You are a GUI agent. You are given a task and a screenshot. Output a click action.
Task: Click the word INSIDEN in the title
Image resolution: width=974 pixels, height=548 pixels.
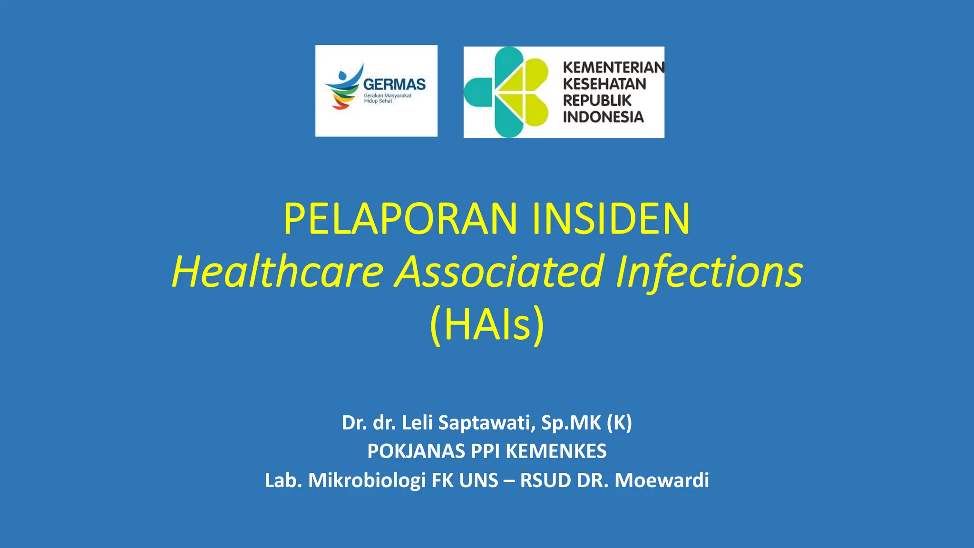[x=611, y=219]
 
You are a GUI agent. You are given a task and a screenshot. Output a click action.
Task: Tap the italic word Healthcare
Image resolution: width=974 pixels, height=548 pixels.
[x=277, y=272]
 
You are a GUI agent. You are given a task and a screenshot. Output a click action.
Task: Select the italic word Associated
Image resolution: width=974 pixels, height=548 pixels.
[x=500, y=272]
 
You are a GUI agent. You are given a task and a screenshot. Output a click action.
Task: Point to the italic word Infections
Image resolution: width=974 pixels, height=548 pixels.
[x=709, y=272]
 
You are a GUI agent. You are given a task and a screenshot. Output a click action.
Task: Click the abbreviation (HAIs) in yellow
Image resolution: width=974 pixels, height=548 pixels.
[x=487, y=325]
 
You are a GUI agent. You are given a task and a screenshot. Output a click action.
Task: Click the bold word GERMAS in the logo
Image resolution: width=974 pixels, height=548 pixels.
[x=394, y=85]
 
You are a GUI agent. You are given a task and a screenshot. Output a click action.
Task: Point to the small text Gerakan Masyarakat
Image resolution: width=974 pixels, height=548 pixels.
[x=388, y=96]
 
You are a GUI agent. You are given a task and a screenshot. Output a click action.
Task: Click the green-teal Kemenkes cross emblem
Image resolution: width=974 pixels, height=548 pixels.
[x=507, y=92]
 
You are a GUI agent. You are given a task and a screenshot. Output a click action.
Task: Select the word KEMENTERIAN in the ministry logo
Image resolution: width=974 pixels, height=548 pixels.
[x=614, y=68]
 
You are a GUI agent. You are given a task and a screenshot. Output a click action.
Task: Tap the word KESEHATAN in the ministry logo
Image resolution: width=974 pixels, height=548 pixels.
[x=604, y=84]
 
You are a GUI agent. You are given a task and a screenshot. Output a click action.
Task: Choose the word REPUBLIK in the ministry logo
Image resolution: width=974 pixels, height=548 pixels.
[x=597, y=100]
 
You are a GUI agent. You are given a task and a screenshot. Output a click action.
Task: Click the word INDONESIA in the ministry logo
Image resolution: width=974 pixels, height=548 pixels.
[x=603, y=117]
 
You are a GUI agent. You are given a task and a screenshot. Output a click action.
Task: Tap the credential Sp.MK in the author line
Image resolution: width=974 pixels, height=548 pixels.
[x=571, y=423]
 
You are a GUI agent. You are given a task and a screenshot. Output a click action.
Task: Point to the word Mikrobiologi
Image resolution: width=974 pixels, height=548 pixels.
[x=367, y=480]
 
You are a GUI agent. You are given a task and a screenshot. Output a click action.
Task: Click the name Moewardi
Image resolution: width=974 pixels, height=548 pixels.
[x=662, y=480]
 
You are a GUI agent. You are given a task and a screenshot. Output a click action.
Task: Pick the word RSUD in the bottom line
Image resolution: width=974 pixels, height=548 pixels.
[x=545, y=480]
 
